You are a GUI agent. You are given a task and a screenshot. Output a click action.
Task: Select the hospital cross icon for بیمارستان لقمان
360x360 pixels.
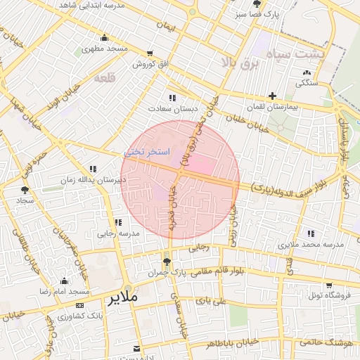[x=272, y=96]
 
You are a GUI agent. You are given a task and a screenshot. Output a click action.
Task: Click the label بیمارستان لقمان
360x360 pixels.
[x=272, y=107]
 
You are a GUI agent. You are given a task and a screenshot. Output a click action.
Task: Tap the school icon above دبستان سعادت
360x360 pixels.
[x=172, y=98]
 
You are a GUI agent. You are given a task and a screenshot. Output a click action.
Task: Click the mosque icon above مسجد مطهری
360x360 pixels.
[x=105, y=38]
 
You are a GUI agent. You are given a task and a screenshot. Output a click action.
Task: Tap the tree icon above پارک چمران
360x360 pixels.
[x=167, y=260]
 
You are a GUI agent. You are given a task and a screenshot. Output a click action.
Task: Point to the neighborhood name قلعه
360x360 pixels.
[x=103, y=78]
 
